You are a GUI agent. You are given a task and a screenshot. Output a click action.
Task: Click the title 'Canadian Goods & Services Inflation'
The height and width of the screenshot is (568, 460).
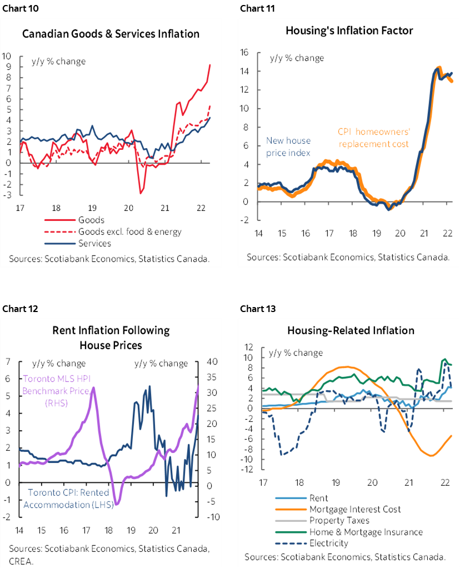tap(111, 34)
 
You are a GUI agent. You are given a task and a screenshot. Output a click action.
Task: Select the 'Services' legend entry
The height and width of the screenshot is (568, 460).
tap(95, 243)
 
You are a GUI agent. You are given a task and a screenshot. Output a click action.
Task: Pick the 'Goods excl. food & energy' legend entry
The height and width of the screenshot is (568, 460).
tap(127, 232)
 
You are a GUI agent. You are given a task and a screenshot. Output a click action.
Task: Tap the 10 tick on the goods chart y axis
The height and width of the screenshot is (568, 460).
tap(7, 56)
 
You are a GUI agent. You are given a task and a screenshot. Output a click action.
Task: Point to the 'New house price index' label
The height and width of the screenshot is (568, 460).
tap(288, 147)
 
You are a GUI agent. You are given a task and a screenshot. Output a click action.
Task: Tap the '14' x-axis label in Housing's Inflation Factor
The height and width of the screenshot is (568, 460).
tap(259, 234)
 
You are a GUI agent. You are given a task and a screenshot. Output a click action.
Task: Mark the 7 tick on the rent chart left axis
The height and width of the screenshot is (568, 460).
tap(8, 362)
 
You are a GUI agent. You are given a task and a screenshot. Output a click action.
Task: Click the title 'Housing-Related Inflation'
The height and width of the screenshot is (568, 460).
tap(351, 330)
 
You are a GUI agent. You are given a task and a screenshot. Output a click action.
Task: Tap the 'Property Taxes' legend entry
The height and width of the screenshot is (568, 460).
tap(339, 520)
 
